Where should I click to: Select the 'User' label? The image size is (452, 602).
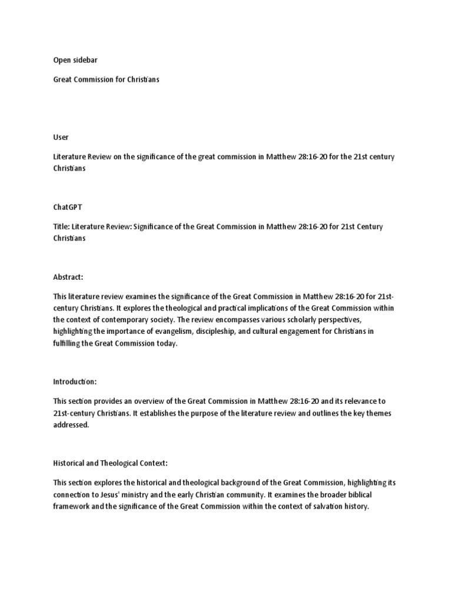coord(60,137)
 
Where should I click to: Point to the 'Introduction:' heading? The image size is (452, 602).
coord(75,382)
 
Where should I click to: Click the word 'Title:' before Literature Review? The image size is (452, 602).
coord(62,227)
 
